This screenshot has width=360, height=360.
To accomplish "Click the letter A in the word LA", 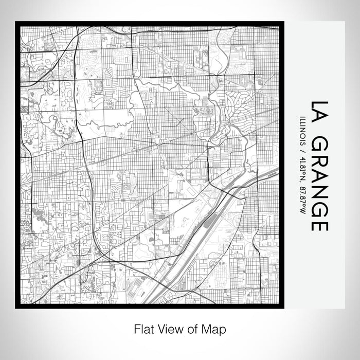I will coord(319,118).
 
